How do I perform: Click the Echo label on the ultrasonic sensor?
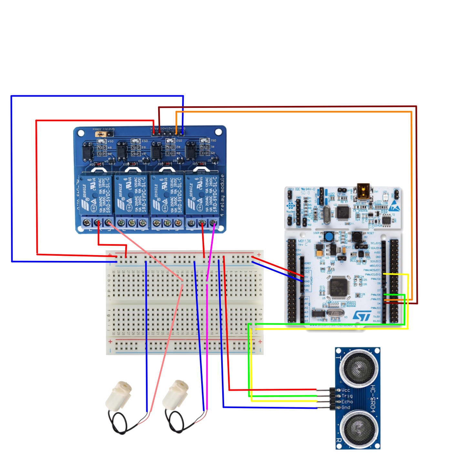[347, 402]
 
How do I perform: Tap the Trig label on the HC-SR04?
[347, 396]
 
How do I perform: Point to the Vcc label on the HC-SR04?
[346, 390]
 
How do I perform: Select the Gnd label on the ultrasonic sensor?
[346, 408]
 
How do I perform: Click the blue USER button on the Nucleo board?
[329, 237]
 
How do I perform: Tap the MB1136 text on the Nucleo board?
[304, 241]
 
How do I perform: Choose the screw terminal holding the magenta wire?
[213, 223]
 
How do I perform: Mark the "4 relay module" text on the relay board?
[222, 195]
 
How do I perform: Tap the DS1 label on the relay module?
[213, 140]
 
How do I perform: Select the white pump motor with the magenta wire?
[175, 395]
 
